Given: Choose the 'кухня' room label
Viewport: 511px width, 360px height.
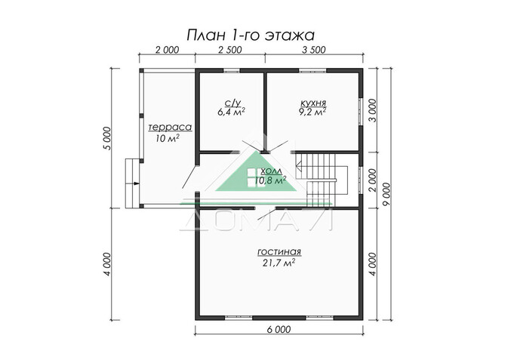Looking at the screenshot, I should click(x=312, y=103).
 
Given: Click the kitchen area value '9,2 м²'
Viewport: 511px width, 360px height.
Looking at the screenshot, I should click(x=312, y=113).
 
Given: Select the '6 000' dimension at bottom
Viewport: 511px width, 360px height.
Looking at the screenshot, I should click(x=278, y=329).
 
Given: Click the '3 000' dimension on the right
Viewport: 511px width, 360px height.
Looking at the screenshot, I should click(x=371, y=113).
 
